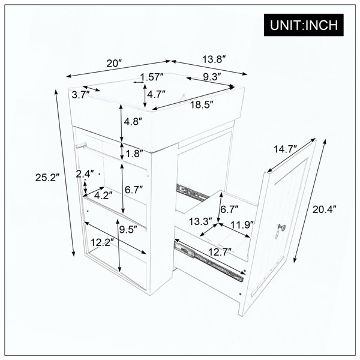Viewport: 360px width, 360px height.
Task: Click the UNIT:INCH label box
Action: pyautogui.click(x=304, y=25)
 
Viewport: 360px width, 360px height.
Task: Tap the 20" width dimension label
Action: pyautogui.click(x=114, y=63)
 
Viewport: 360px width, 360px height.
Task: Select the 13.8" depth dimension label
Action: pyautogui.click(x=213, y=59)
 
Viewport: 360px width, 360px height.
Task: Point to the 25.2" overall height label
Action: pyautogui.click(x=47, y=178)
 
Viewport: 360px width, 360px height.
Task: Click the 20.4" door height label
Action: pyautogui.click(x=325, y=209)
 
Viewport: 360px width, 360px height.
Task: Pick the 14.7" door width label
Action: pyautogui.click(x=286, y=149)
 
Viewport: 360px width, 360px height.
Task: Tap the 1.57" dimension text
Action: pyautogui.click(x=152, y=77)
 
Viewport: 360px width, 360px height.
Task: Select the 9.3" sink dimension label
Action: pyautogui.click(x=212, y=77)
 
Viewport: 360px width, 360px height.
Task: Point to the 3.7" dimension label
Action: pyautogui.click(x=80, y=95)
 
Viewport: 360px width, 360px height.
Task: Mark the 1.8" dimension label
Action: pyautogui.click(x=134, y=154)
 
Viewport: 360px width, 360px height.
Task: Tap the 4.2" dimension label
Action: pyautogui.click(x=103, y=196)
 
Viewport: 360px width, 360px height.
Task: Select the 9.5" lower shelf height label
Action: pyautogui.click(x=128, y=229)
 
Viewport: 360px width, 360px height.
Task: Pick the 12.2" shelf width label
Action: pyautogui.click(x=103, y=242)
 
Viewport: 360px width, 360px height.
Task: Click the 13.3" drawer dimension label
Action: pyautogui.click(x=200, y=222)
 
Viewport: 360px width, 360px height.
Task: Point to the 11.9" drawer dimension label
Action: pyautogui.click(x=242, y=225)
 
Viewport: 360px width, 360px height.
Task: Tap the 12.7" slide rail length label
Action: pyautogui.click(x=220, y=253)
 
